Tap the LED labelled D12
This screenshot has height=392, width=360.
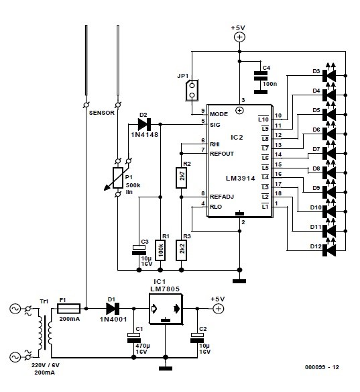point(328,249)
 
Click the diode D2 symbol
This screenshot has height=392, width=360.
point(143,124)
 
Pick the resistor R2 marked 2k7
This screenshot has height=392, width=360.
point(181,177)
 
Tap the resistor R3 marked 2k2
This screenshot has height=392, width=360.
point(181,250)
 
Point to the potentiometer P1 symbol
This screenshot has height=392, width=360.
point(118,177)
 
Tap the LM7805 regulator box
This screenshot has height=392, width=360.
point(165,308)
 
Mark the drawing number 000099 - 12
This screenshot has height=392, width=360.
point(322,368)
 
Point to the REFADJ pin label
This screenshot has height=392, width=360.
point(223,196)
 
